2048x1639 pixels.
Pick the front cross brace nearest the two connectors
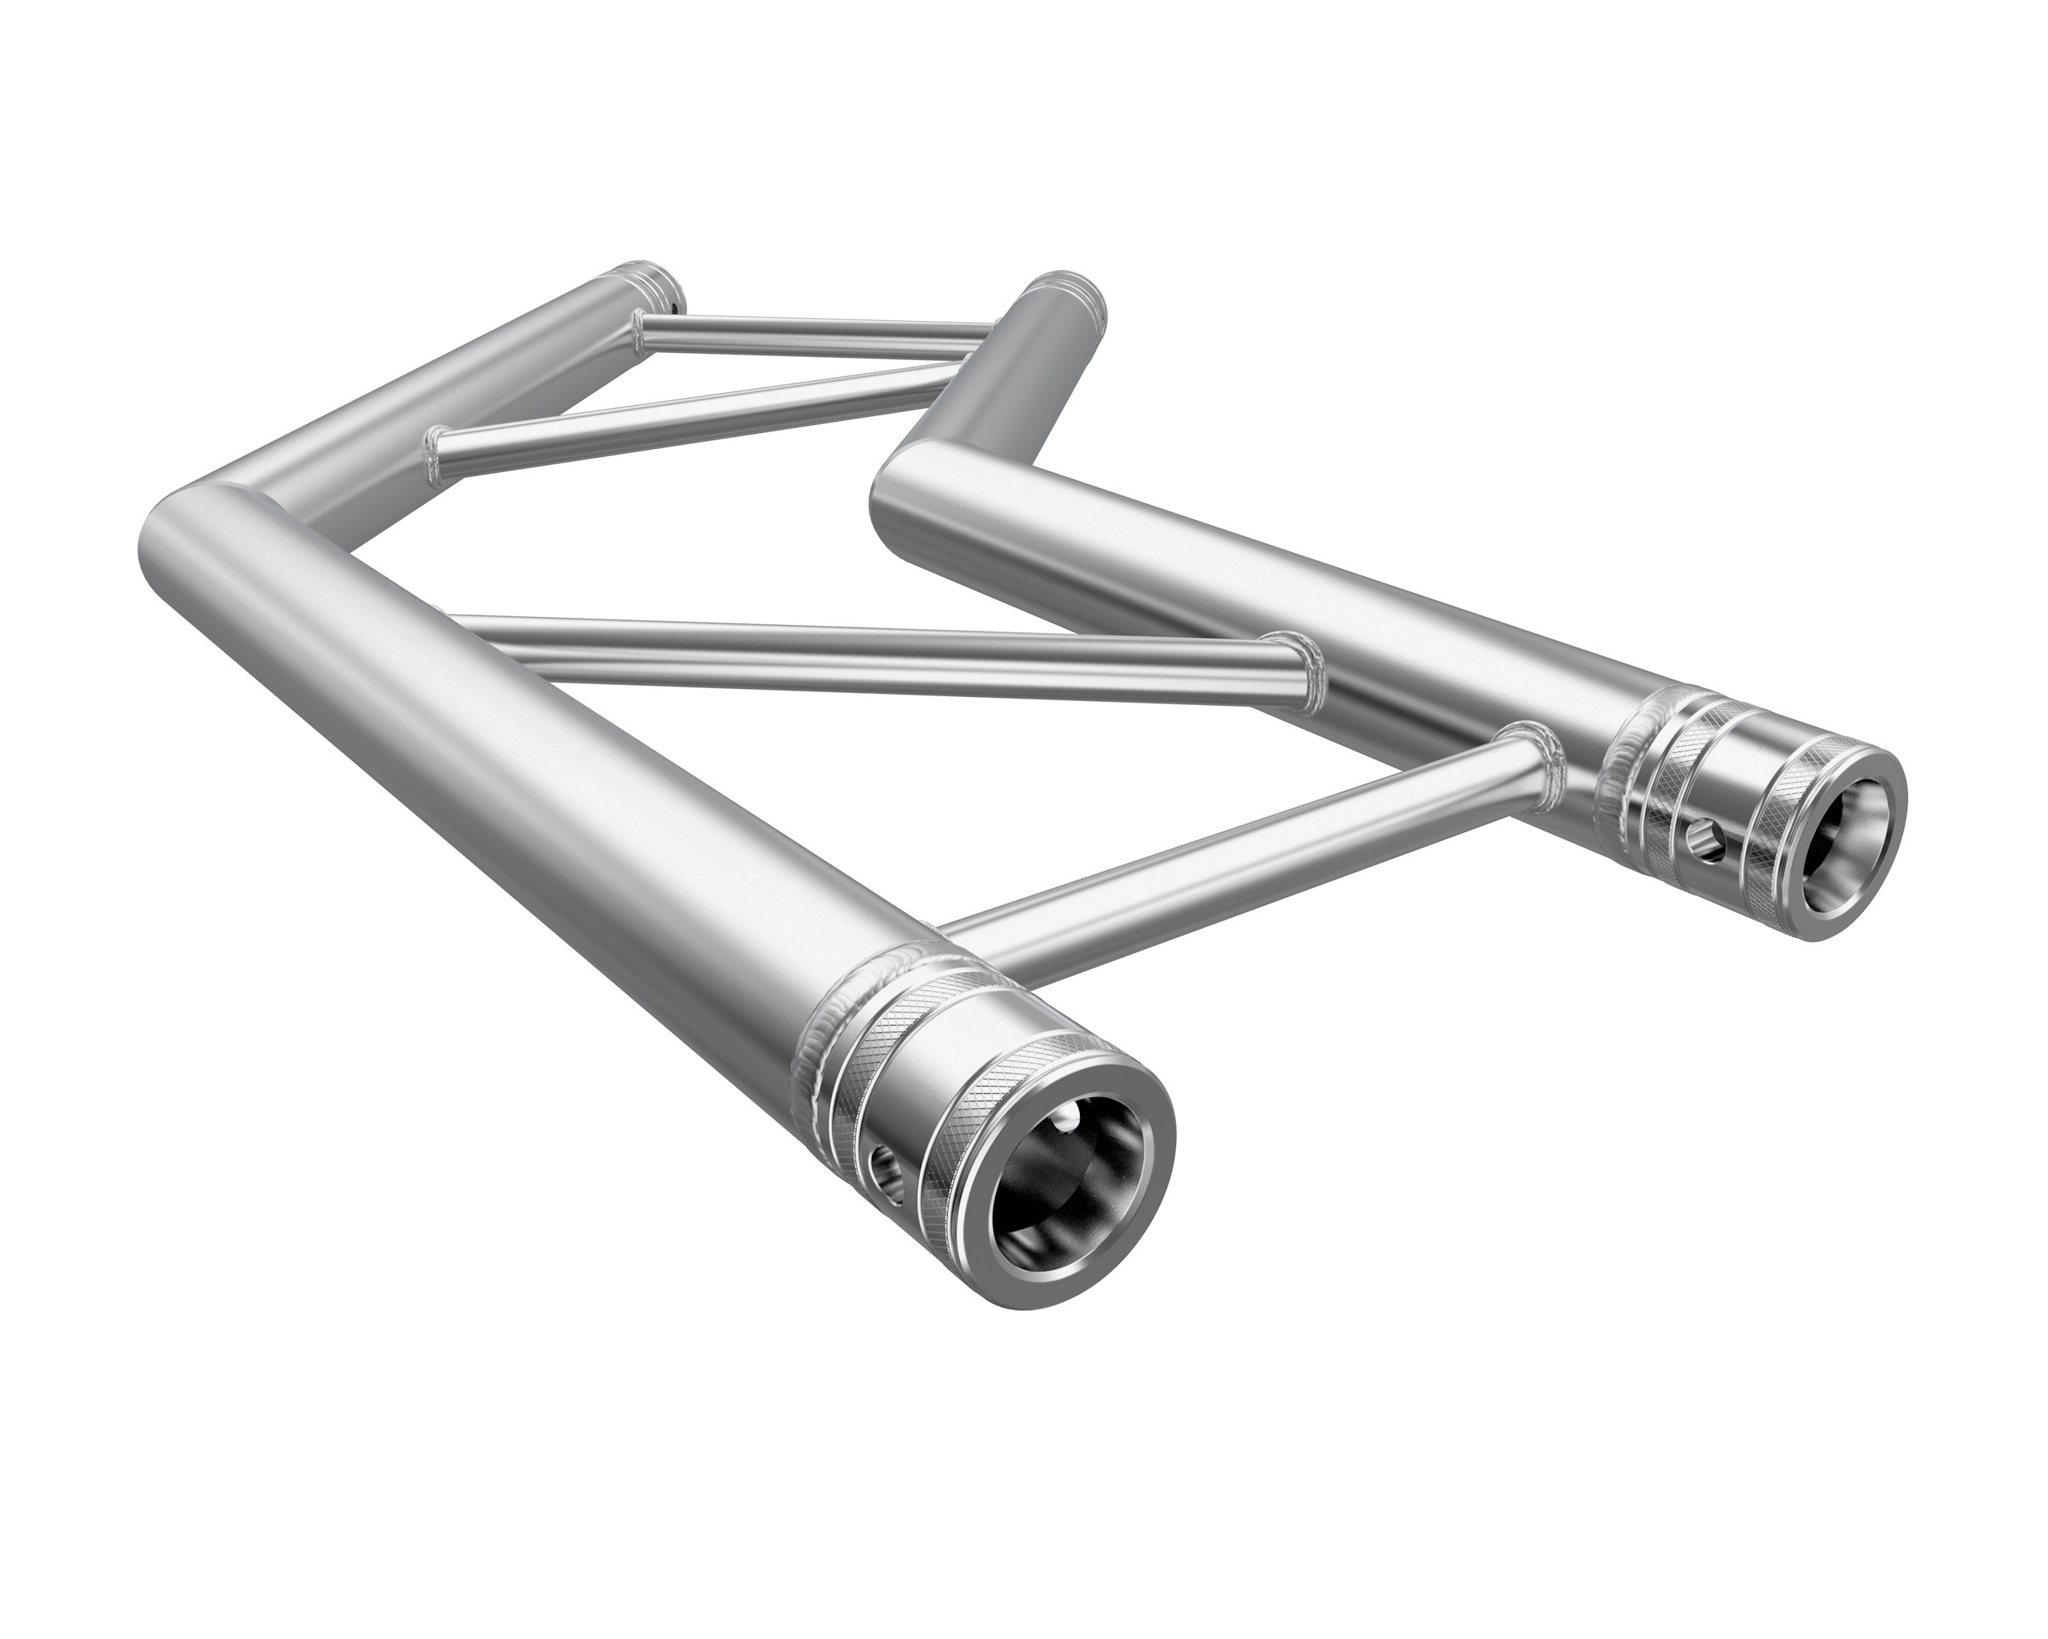tap(1235, 856)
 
